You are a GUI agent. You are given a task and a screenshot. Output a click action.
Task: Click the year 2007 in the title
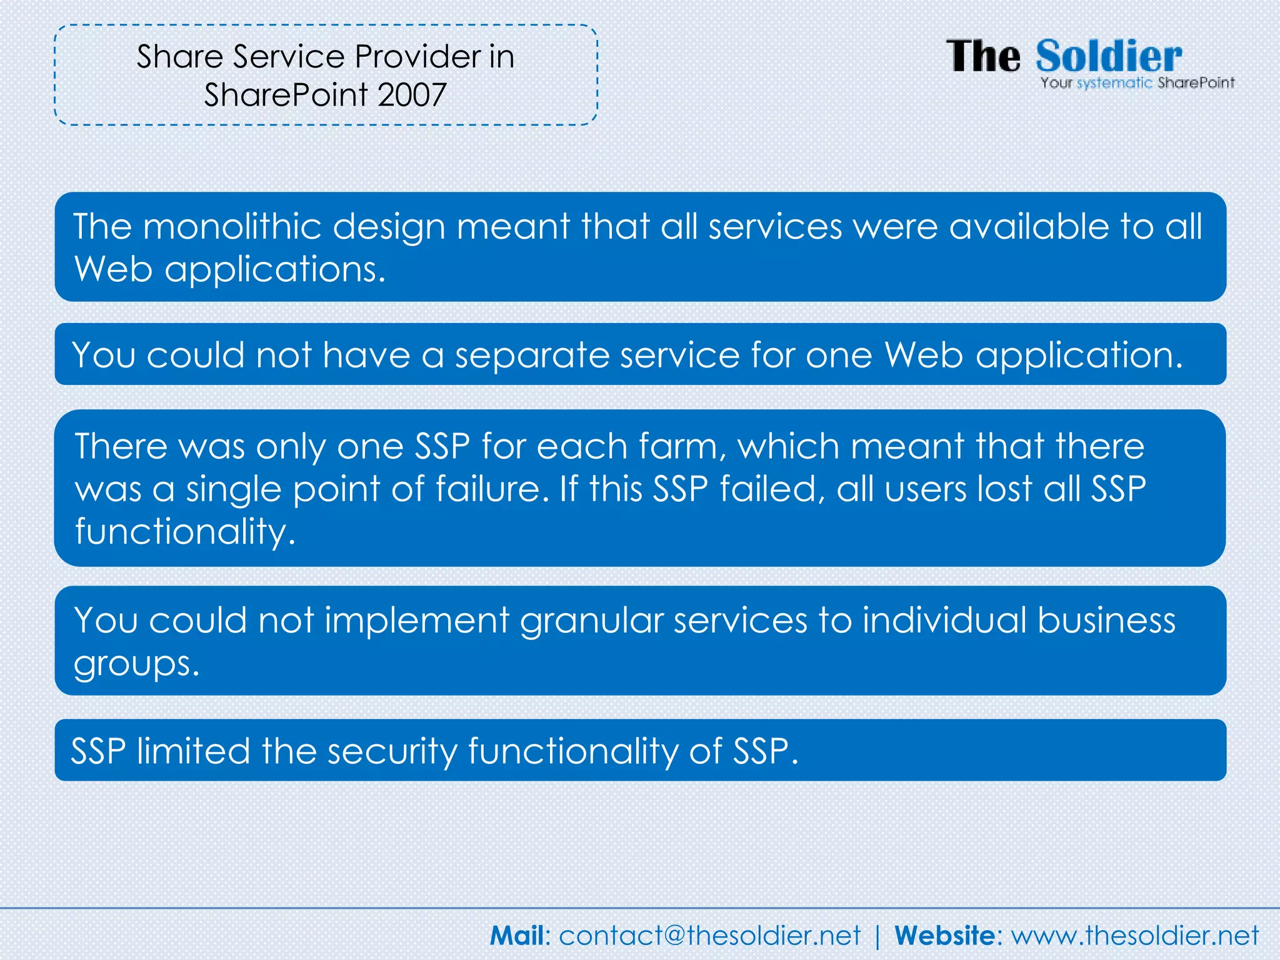(x=412, y=95)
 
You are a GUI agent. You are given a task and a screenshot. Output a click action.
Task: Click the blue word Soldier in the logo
(x=1109, y=56)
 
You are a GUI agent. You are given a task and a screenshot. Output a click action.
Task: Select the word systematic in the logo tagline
(x=1114, y=83)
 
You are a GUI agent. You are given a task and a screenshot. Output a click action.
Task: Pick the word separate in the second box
(x=531, y=356)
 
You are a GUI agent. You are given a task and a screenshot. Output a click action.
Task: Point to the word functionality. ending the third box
(x=185, y=532)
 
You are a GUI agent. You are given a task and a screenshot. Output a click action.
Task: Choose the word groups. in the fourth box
(x=137, y=664)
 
